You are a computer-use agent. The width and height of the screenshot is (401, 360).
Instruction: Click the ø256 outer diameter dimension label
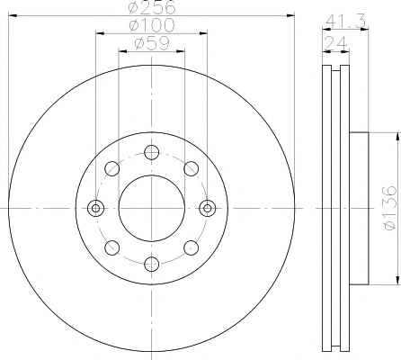tap(151, 6)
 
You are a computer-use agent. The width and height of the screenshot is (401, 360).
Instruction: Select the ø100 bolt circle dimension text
tap(151, 25)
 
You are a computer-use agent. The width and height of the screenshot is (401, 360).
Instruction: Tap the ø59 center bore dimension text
tap(152, 43)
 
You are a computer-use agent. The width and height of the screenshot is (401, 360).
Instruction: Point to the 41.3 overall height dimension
tap(345, 21)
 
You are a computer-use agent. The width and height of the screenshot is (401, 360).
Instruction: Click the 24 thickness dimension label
tap(335, 43)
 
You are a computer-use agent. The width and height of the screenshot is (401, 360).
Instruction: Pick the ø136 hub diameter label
tap(390, 208)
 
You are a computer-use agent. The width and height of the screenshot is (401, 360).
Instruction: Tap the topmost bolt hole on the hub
tap(151, 152)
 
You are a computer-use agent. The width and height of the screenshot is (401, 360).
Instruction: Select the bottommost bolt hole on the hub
tap(151, 264)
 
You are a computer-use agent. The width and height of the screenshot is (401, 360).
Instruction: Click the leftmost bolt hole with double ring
tap(95, 208)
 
